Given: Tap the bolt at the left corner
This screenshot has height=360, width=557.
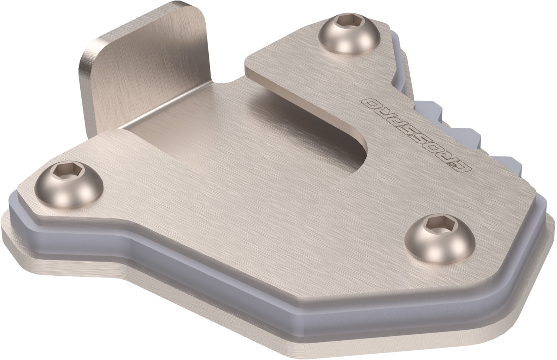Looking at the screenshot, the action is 69,185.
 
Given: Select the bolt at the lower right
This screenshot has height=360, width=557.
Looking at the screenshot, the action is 440,239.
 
